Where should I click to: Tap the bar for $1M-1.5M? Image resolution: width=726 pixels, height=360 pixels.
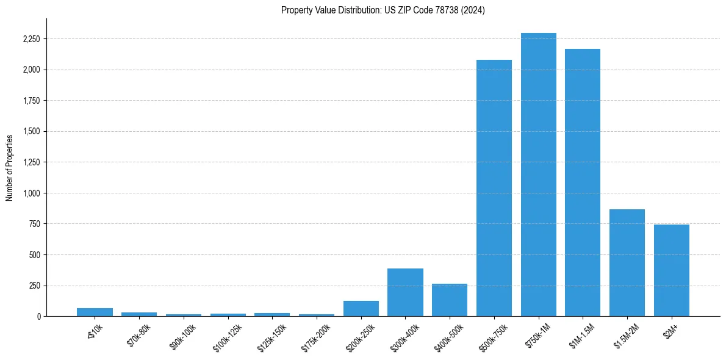click(x=583, y=182)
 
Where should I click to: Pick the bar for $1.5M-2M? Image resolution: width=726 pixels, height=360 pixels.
click(x=627, y=262)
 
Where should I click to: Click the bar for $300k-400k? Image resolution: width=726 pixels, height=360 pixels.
click(x=405, y=292)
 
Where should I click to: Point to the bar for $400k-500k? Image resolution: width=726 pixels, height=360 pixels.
click(x=450, y=300)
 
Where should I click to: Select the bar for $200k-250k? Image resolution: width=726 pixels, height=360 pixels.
click(x=361, y=308)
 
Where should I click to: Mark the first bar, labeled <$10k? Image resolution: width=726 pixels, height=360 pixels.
click(x=95, y=312)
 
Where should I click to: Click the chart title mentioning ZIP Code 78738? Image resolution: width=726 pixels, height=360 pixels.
click(x=383, y=10)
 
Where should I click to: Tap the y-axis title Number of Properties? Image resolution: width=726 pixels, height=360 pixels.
click(x=10, y=167)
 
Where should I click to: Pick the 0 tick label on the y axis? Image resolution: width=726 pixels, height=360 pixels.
click(x=39, y=317)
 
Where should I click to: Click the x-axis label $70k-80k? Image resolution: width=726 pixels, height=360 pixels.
click(x=138, y=334)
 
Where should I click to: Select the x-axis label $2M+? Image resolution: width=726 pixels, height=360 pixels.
click(x=670, y=330)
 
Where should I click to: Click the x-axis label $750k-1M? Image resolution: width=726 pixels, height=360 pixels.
click(x=537, y=335)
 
